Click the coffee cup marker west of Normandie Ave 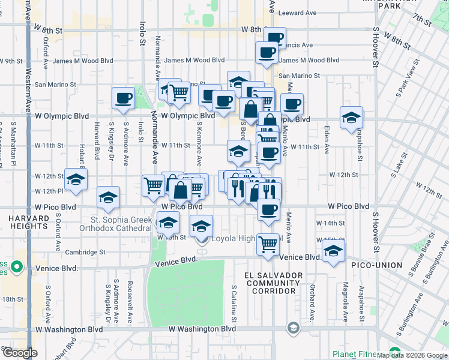pyautogui.click(x=124, y=98)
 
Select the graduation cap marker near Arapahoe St pyautogui.click(x=351, y=118)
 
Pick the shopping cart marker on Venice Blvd pyautogui.click(x=268, y=244)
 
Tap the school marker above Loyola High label pyautogui.click(x=201, y=226)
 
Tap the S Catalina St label pyautogui.click(x=234, y=303)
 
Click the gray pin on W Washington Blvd pyautogui.click(x=293, y=328)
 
